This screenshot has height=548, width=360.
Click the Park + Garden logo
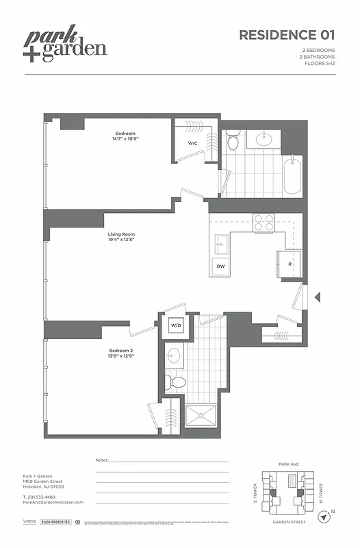point(66,45)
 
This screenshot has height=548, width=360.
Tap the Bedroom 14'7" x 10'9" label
point(125,136)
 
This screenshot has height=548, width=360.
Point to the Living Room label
point(119,238)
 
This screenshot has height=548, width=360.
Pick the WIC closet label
point(193,142)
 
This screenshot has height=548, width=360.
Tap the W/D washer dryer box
point(175,325)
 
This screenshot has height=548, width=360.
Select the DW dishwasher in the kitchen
point(221,266)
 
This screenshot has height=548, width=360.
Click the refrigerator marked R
point(289,264)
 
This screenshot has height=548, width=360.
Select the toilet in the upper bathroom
point(233,142)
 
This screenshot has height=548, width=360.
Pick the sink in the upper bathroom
point(263,140)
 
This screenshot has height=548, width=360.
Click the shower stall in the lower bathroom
point(201,416)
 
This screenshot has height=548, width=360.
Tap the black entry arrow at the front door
point(317,297)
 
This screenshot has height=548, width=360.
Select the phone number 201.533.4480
point(46,496)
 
